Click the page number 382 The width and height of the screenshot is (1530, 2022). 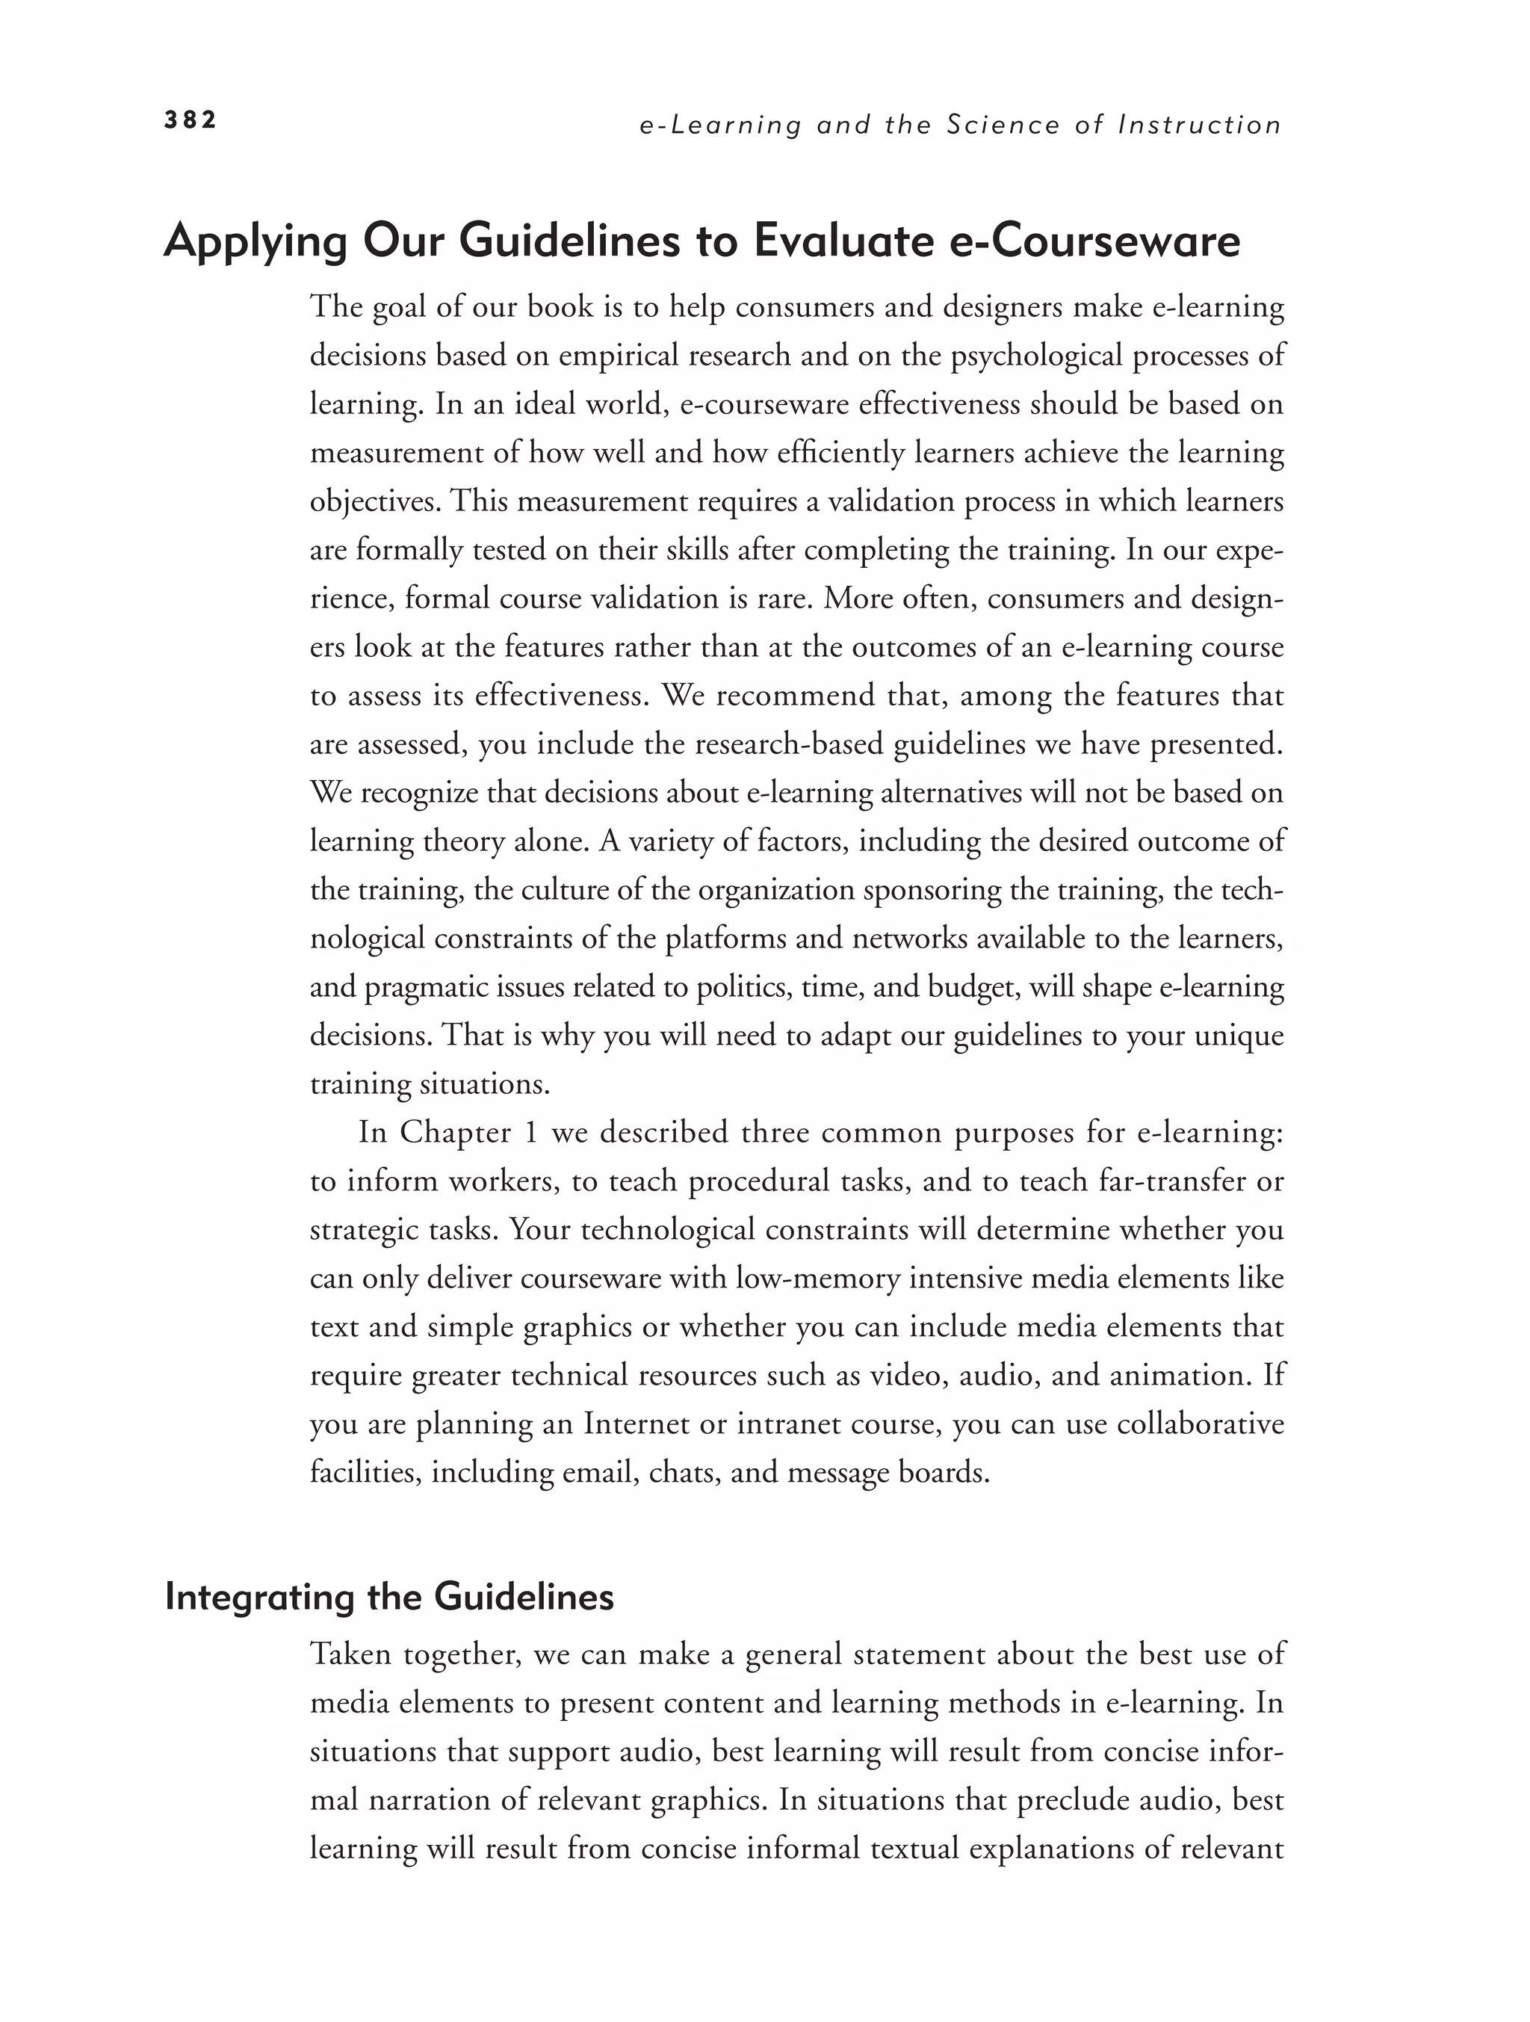190,120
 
